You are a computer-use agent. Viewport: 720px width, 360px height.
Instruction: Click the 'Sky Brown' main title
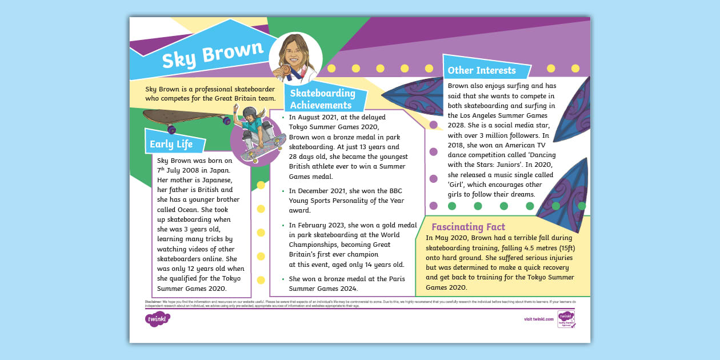[x=213, y=55]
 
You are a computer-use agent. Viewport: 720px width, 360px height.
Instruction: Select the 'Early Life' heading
[x=171, y=144]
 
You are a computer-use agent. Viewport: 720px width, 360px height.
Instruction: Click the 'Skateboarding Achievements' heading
[x=322, y=99]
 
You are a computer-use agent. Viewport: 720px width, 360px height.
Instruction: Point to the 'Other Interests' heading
[x=481, y=71]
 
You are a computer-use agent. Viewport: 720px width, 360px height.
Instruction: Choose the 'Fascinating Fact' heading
[x=468, y=227]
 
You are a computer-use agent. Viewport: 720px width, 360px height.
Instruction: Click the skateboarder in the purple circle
[x=257, y=135]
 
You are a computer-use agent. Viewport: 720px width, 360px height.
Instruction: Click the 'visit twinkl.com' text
[x=538, y=319]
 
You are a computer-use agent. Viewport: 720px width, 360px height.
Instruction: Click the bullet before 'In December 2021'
[x=283, y=191]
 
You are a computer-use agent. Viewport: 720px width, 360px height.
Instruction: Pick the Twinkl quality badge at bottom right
[x=565, y=319]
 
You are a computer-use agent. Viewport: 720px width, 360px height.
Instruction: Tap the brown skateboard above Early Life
[x=186, y=118]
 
